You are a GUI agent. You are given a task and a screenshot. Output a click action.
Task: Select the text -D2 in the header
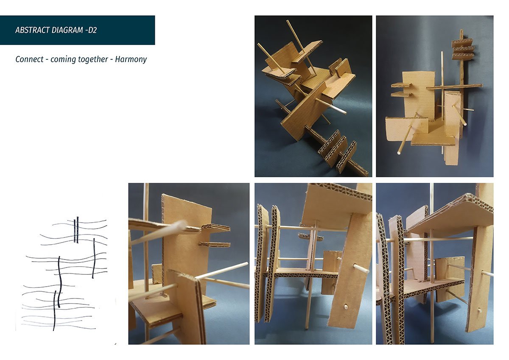(91, 30)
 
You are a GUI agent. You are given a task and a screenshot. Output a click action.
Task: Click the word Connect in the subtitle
(29, 59)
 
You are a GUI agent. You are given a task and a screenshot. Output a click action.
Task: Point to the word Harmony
(131, 59)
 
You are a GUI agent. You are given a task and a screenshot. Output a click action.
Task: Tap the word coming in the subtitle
(60, 60)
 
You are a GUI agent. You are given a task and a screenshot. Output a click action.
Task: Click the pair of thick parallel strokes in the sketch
(76, 230)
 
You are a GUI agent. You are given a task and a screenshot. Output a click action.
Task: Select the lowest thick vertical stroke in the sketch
(54, 310)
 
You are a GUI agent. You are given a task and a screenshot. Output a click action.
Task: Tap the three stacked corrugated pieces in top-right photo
(463, 49)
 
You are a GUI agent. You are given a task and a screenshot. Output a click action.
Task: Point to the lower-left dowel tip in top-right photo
(399, 153)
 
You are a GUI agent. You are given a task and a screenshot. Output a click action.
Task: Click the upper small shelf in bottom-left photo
(216, 228)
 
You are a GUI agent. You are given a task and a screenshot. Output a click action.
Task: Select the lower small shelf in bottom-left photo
(215, 245)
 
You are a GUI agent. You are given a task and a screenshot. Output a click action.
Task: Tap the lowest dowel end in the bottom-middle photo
(346, 307)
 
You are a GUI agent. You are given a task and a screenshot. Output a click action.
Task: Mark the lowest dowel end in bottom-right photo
(479, 310)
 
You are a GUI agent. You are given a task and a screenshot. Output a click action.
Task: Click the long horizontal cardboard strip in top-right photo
(454, 87)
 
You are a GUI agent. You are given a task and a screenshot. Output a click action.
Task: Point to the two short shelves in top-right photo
(402, 90)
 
